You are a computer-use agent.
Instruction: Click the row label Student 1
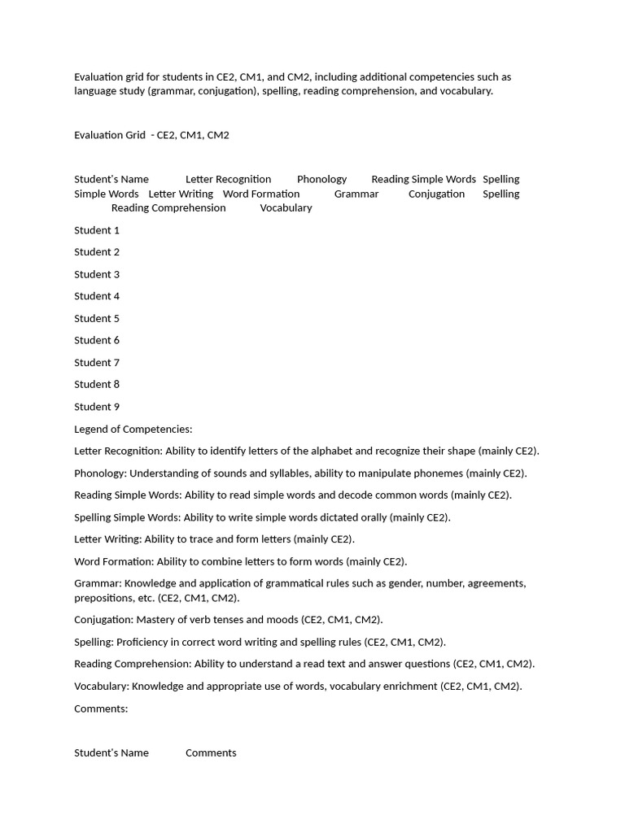pos(97,230)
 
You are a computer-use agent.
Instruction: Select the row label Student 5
pos(97,318)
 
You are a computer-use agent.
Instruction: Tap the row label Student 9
pos(97,407)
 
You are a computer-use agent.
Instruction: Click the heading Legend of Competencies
pos(133,429)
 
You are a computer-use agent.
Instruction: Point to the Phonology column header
pos(321,179)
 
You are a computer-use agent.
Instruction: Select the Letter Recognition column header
pos(228,179)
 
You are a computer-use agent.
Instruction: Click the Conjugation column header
pos(436,194)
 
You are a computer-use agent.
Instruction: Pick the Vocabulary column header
pos(286,207)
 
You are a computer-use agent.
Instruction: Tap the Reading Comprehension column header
pos(168,207)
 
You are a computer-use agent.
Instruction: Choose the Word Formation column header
pos(261,194)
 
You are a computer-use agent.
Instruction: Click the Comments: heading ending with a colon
pos(101,709)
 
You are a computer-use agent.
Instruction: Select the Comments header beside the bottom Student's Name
pos(211,752)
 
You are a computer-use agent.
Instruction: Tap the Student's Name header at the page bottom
pos(111,752)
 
